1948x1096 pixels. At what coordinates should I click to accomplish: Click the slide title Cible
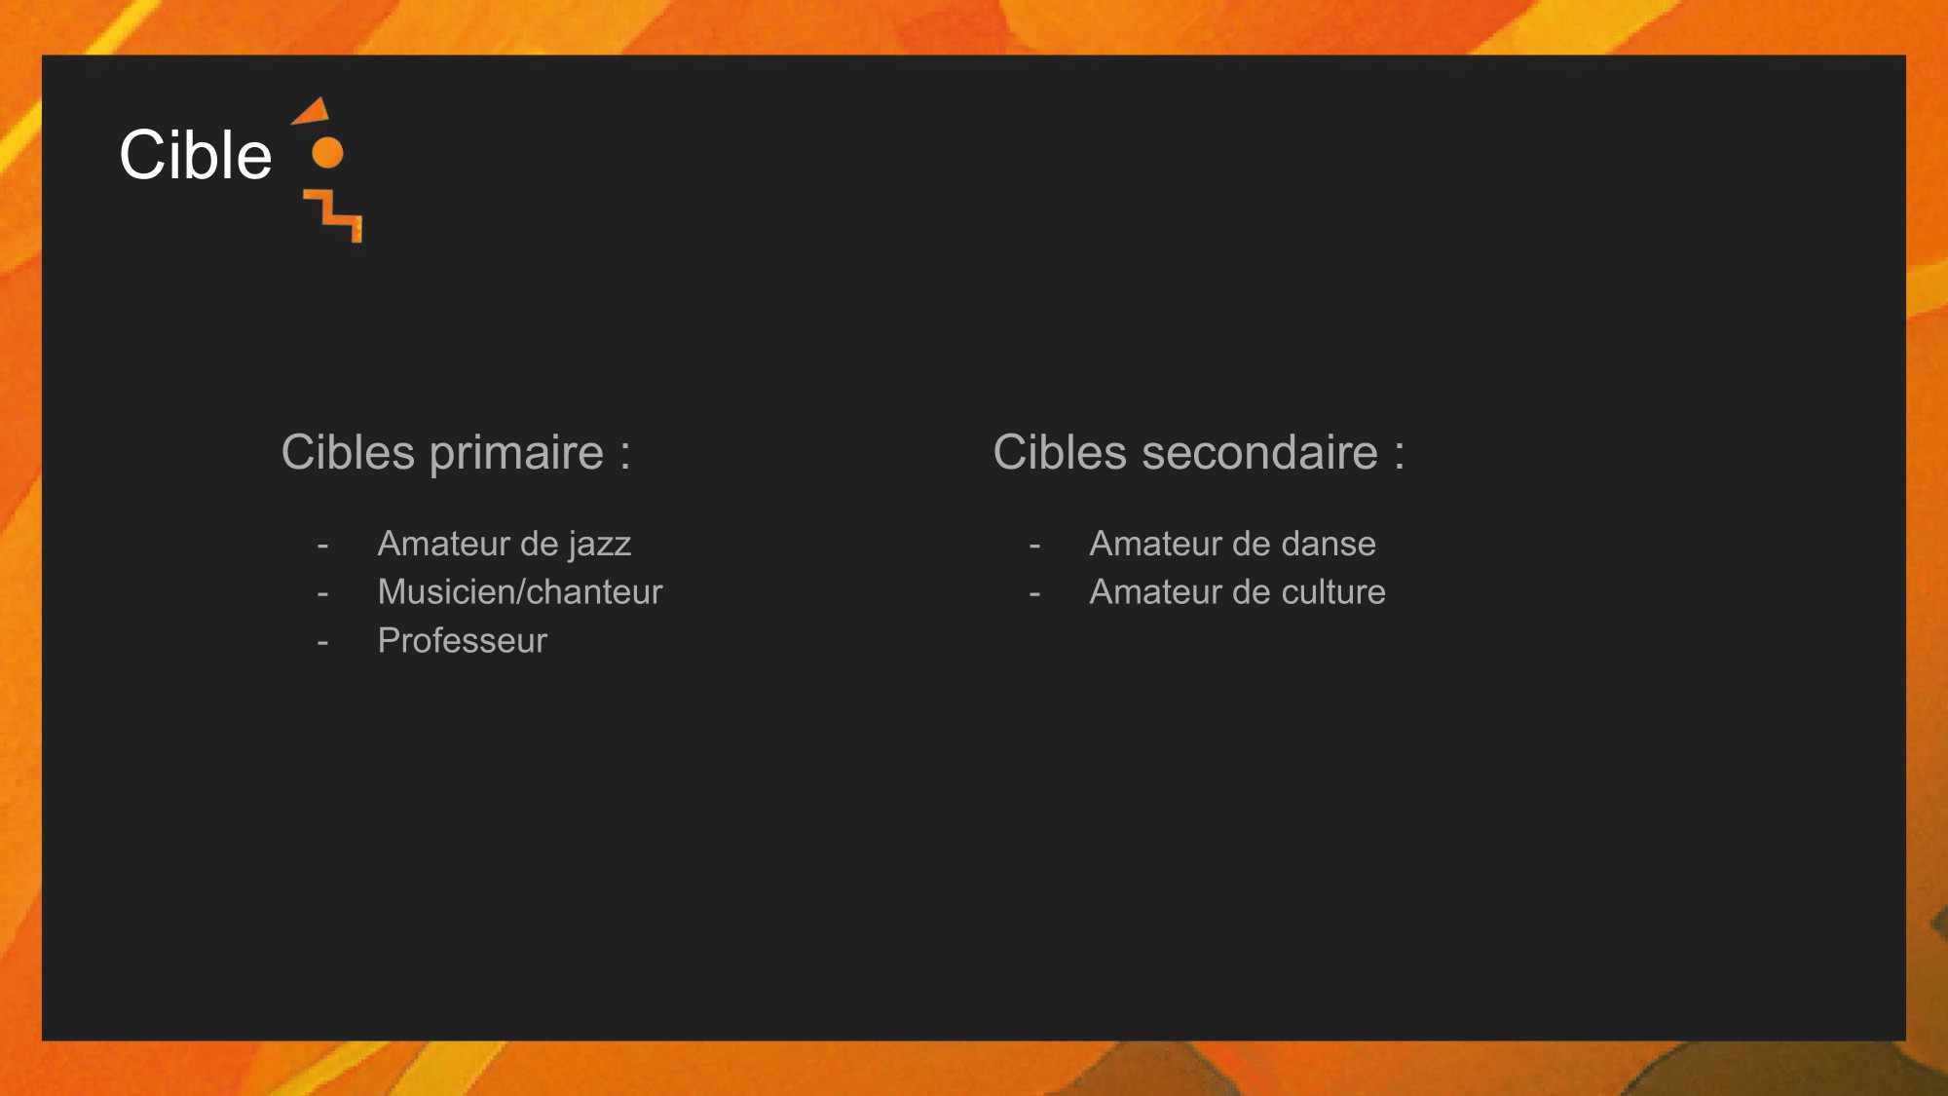[196, 155]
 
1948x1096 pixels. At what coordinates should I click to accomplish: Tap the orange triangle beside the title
[314, 112]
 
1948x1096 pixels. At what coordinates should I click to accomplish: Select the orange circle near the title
[327, 153]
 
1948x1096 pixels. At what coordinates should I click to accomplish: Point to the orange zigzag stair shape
[333, 215]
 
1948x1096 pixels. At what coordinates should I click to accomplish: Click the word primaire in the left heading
[516, 454]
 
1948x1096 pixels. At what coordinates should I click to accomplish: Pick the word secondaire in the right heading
[1259, 453]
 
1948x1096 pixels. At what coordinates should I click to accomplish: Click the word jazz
[601, 545]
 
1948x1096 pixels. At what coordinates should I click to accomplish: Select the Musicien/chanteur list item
[520, 592]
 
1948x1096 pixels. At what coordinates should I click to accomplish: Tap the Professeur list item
[463, 641]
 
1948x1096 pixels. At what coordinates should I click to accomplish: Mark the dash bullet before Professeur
[322, 643]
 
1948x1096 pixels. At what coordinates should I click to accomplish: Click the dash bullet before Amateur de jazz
[322, 546]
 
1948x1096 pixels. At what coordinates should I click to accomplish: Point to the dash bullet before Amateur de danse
[1034, 546]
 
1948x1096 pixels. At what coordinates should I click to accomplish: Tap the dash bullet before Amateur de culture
[1034, 594]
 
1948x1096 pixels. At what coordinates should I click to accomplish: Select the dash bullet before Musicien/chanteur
[322, 594]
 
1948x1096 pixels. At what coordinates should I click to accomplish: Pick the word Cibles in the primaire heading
[348, 453]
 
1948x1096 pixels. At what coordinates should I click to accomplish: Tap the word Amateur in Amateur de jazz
[443, 544]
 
